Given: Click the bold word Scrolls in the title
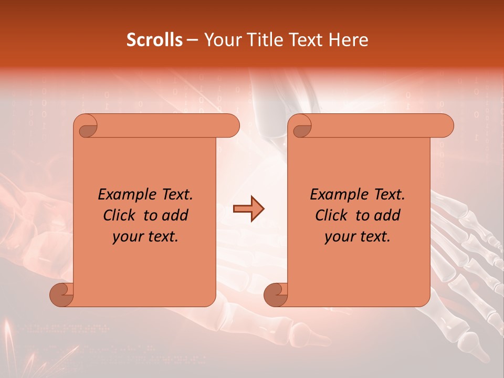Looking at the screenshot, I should click(155, 40).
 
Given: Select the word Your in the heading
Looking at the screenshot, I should click(220, 40).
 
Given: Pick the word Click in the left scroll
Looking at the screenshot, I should click(119, 215).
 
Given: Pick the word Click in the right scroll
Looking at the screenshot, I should click(331, 215).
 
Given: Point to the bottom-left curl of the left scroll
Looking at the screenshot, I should click(62, 294).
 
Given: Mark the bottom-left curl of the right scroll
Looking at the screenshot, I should click(276, 294).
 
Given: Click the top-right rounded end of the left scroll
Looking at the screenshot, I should click(231, 126).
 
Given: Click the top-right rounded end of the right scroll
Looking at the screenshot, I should click(445, 126).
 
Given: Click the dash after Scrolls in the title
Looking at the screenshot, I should click(193, 40).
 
